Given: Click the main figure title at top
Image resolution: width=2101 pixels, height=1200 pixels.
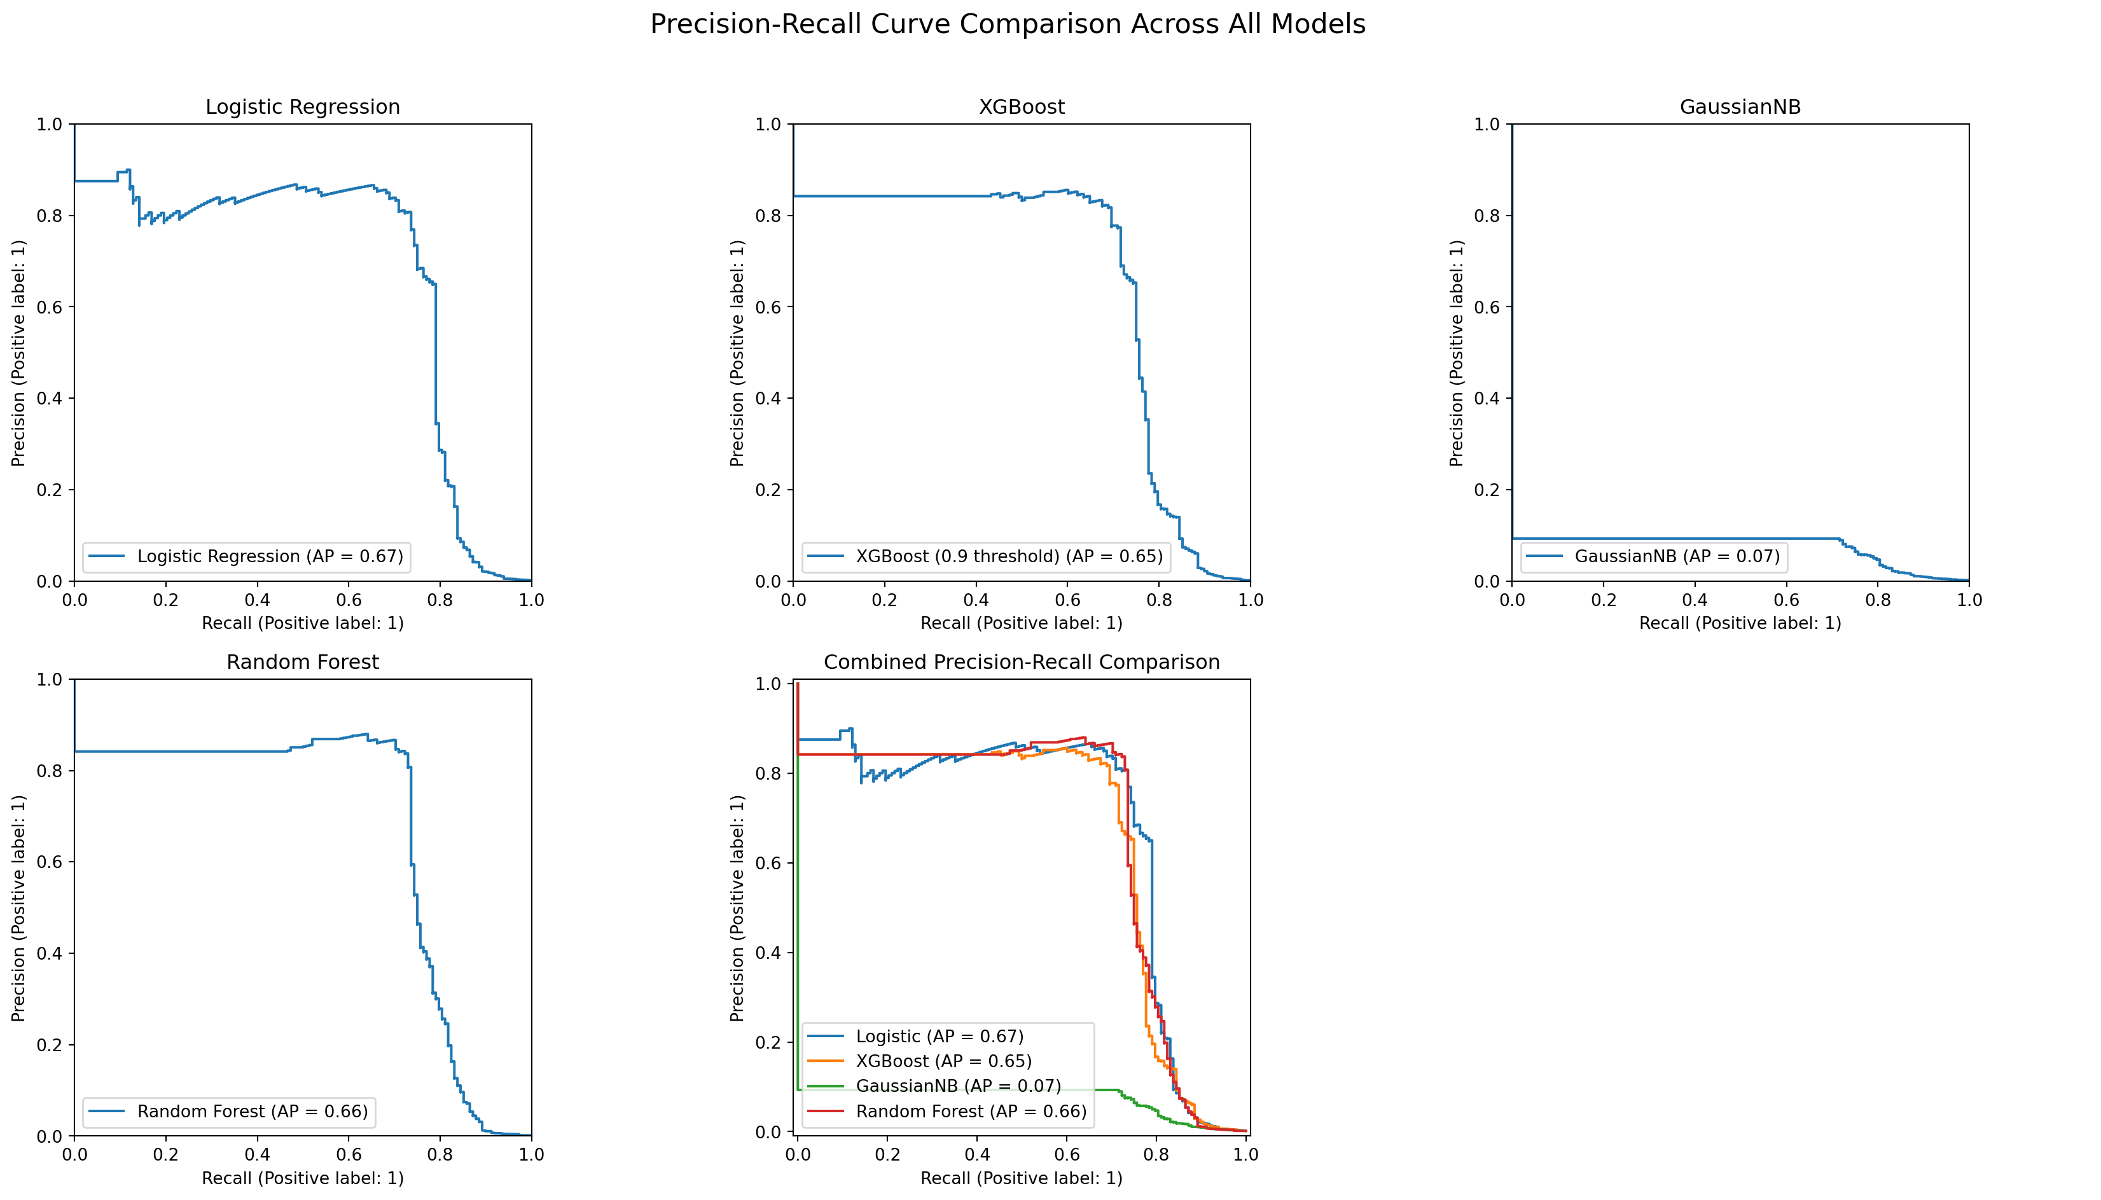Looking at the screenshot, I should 1007,25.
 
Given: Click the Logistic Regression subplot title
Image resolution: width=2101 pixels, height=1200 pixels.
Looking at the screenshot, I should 303,107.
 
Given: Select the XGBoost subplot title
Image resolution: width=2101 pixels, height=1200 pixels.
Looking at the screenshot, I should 1021,107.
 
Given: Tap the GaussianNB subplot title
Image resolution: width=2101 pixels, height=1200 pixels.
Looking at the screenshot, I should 1740,107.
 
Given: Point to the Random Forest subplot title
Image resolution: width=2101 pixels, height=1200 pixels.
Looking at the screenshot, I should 303,662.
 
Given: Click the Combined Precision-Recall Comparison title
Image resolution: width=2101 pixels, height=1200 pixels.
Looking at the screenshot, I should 1021,662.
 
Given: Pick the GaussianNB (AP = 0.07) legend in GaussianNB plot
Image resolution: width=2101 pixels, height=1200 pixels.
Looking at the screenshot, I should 1677,556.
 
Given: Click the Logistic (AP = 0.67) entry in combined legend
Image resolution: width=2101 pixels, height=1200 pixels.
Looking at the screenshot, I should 940,1036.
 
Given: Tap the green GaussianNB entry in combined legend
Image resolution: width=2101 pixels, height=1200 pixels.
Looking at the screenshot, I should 958,1086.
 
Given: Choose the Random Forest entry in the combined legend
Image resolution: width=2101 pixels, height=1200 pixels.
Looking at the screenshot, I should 971,1111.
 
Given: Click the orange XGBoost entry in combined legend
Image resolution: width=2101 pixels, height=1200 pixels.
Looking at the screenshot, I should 944,1061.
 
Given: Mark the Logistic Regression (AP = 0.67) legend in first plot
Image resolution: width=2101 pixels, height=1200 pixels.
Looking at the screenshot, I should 270,556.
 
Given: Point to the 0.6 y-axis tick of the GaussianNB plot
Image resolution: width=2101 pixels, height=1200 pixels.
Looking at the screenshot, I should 1487,307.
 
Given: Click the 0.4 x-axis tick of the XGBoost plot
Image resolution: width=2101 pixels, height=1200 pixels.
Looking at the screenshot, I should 976,600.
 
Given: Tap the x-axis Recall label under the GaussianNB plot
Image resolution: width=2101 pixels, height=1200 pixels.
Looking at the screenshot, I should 1740,623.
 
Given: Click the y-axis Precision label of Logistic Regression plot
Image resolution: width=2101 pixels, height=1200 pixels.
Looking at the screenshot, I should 18,353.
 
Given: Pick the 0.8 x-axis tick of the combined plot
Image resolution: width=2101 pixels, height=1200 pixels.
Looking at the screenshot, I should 1156,1155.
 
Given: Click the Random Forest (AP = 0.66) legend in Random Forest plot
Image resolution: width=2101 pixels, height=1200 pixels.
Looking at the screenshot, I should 253,1111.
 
